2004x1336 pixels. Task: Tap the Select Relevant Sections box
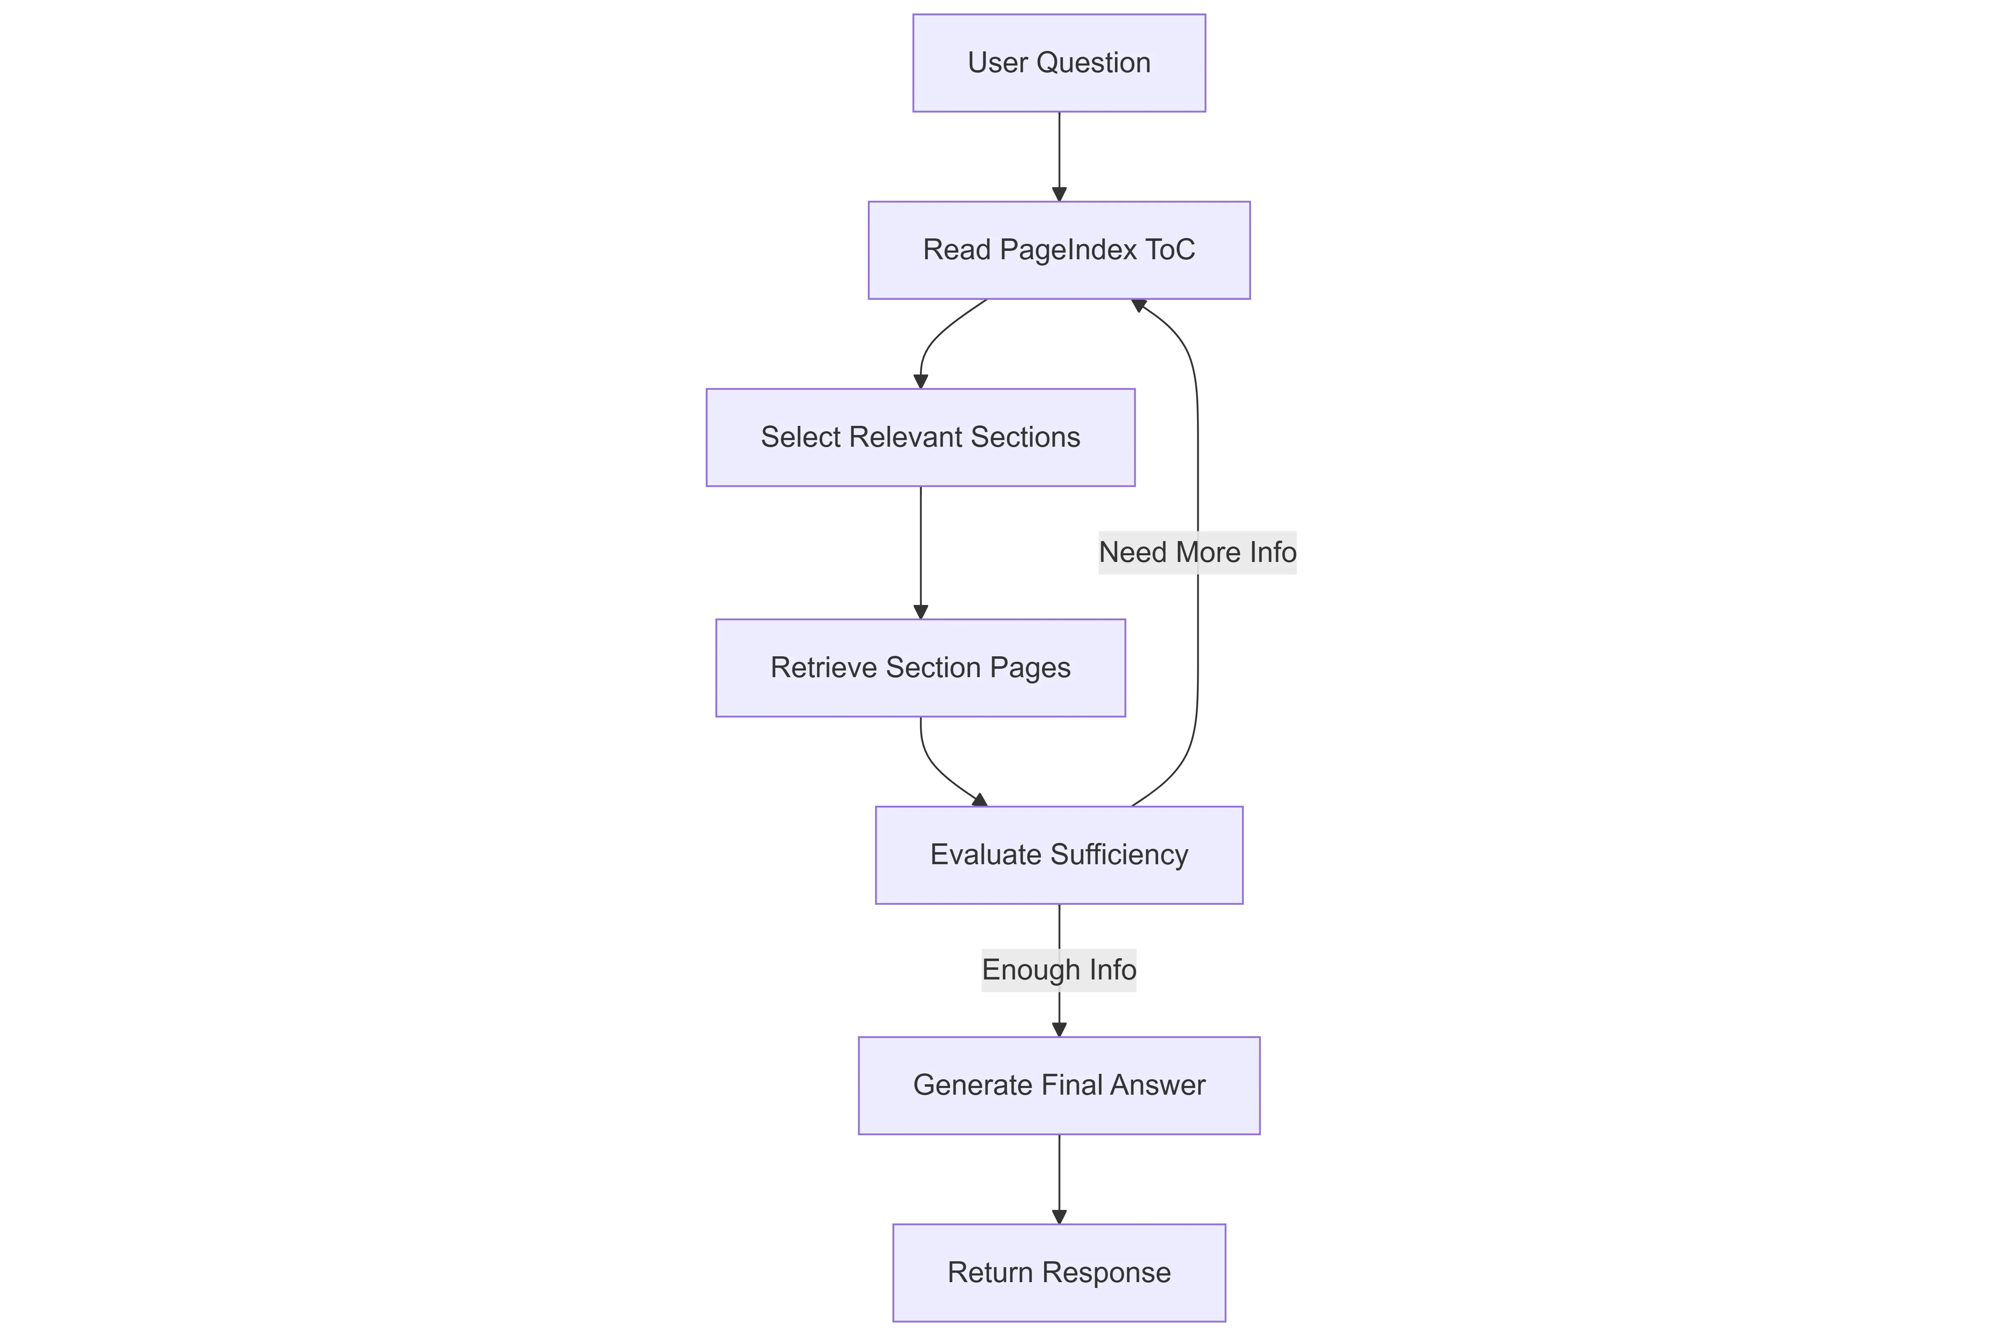click(x=920, y=438)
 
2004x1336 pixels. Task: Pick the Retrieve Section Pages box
click(x=920, y=668)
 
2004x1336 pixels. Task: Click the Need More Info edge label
click(x=1197, y=552)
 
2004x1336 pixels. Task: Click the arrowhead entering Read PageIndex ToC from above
click(x=1059, y=194)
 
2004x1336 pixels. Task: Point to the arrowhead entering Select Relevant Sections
click(x=920, y=382)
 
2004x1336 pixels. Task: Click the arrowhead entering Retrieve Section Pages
click(x=920, y=612)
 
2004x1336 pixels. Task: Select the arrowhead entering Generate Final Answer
click(x=1059, y=1029)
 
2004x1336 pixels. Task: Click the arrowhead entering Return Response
click(x=1059, y=1217)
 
